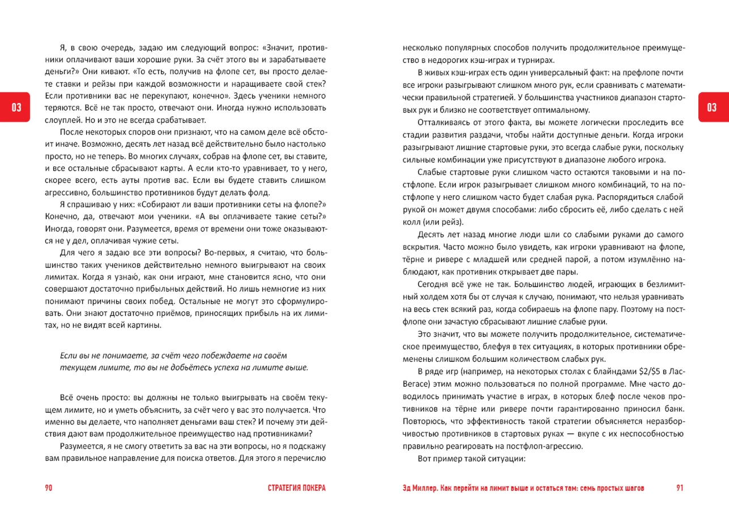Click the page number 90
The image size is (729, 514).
(x=48, y=488)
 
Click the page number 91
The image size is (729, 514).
(x=680, y=488)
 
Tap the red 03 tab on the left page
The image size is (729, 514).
(x=16, y=107)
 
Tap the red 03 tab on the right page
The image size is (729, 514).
(x=713, y=107)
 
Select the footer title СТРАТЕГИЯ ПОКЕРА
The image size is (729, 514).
(x=297, y=488)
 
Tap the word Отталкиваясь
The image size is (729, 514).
(x=443, y=122)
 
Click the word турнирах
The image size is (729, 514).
(x=537, y=61)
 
